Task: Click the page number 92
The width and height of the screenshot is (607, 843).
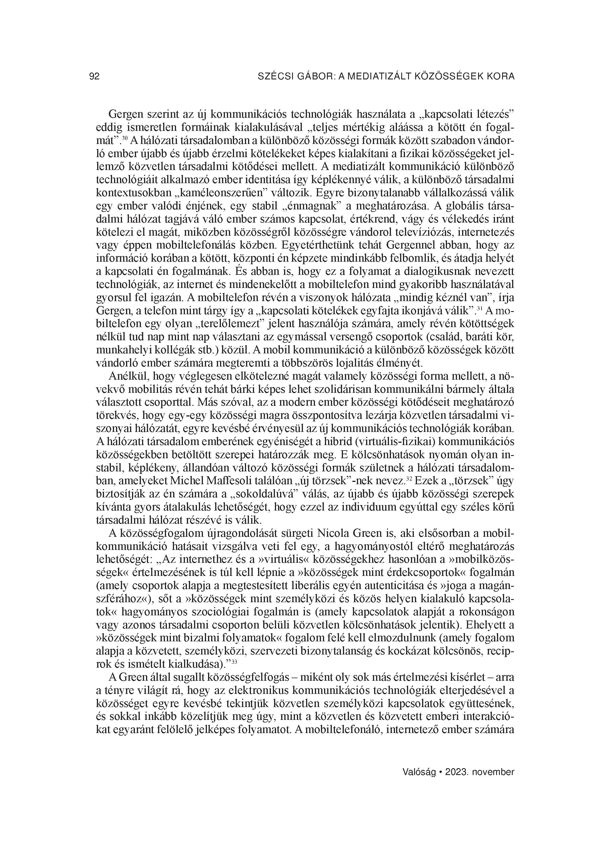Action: point(95,77)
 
